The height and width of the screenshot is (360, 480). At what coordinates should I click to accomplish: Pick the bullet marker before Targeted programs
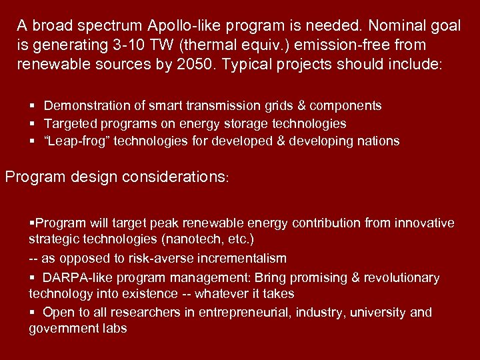coord(33,123)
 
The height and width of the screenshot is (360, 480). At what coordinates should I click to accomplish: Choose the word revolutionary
coord(401,277)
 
